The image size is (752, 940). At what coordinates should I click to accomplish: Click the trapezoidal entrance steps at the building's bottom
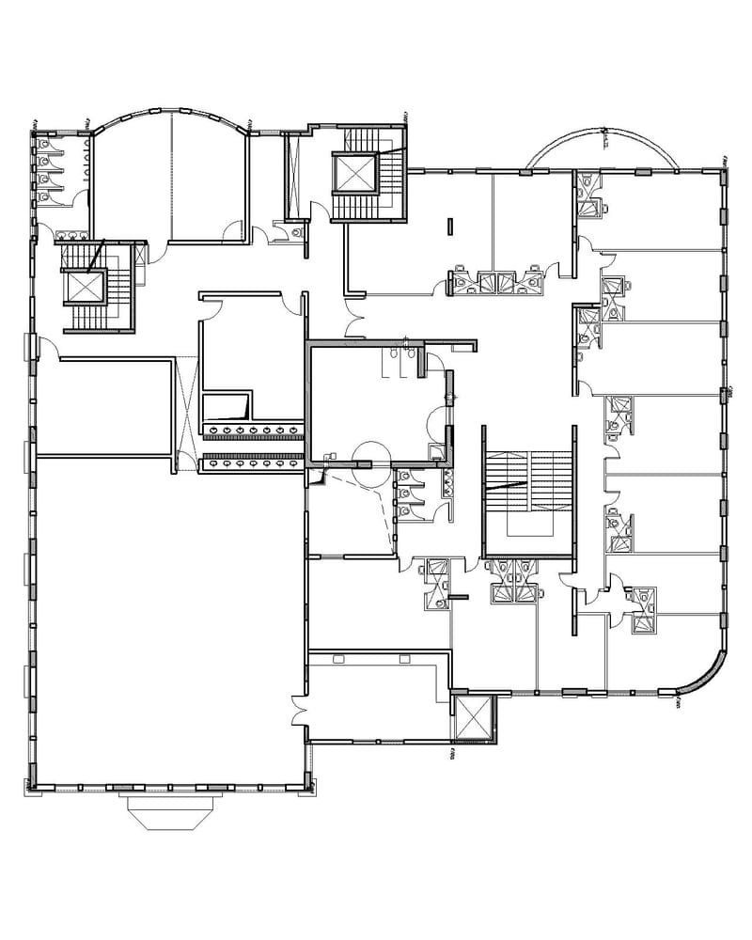pos(170,811)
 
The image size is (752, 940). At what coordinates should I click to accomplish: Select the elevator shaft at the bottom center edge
pos(473,718)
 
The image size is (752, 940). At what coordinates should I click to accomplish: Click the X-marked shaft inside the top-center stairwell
pos(354,173)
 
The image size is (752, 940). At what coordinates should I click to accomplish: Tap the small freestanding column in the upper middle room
pos(449,227)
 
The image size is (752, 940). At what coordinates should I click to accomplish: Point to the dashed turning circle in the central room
pos(365,452)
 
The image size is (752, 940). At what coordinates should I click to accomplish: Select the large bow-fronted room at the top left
pos(169,183)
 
